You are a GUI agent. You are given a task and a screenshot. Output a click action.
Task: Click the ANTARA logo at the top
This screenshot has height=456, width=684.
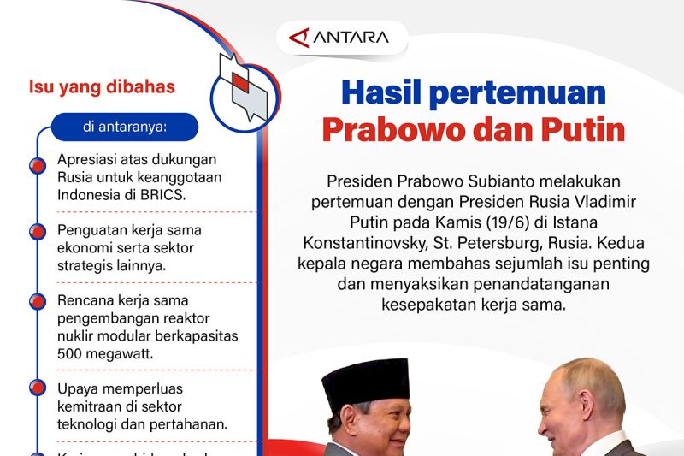(x=339, y=38)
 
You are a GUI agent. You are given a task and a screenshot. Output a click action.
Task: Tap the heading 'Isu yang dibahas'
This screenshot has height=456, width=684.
(x=102, y=86)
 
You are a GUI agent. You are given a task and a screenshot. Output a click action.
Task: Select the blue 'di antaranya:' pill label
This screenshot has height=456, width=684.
(x=125, y=127)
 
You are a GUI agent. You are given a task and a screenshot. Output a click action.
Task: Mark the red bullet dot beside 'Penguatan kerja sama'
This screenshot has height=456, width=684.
(x=37, y=232)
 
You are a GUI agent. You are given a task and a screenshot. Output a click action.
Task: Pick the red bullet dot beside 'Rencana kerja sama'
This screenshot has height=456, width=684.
(x=37, y=301)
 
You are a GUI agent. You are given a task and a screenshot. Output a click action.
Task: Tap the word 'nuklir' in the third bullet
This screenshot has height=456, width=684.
(x=77, y=335)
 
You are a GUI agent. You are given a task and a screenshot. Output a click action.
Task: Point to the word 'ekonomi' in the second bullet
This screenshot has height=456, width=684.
(x=84, y=248)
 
